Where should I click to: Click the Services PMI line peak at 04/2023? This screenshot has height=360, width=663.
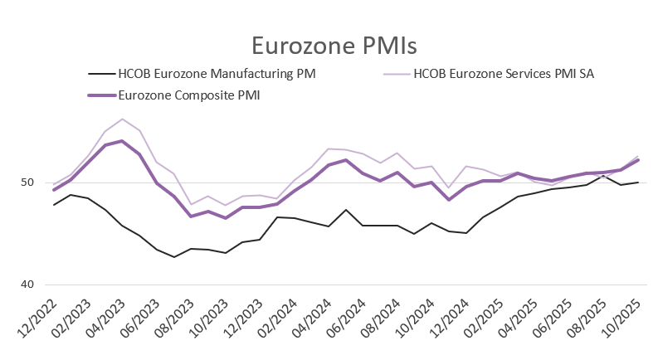click(122, 119)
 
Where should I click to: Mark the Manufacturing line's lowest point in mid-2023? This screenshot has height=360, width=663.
click(173, 257)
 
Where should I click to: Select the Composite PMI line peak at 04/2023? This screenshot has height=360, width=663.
click(122, 141)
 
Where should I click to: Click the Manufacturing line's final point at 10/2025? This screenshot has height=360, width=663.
click(637, 182)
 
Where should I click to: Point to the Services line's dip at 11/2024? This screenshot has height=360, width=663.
click(449, 188)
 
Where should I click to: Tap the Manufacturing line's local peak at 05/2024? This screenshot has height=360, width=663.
click(346, 210)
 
